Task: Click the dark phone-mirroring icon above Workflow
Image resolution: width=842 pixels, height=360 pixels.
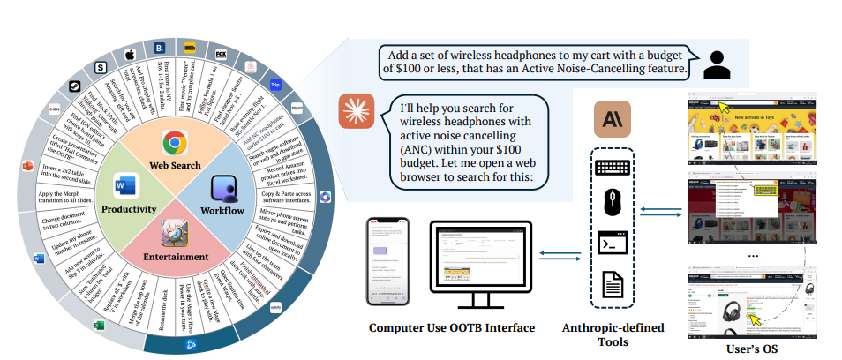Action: tap(224, 189)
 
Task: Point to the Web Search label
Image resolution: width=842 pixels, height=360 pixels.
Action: tap(175, 165)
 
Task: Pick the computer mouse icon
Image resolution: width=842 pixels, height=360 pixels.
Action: tap(612, 202)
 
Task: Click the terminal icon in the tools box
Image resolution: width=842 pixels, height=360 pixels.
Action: tap(612, 241)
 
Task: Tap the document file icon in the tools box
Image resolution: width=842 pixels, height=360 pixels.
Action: tap(612, 281)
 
